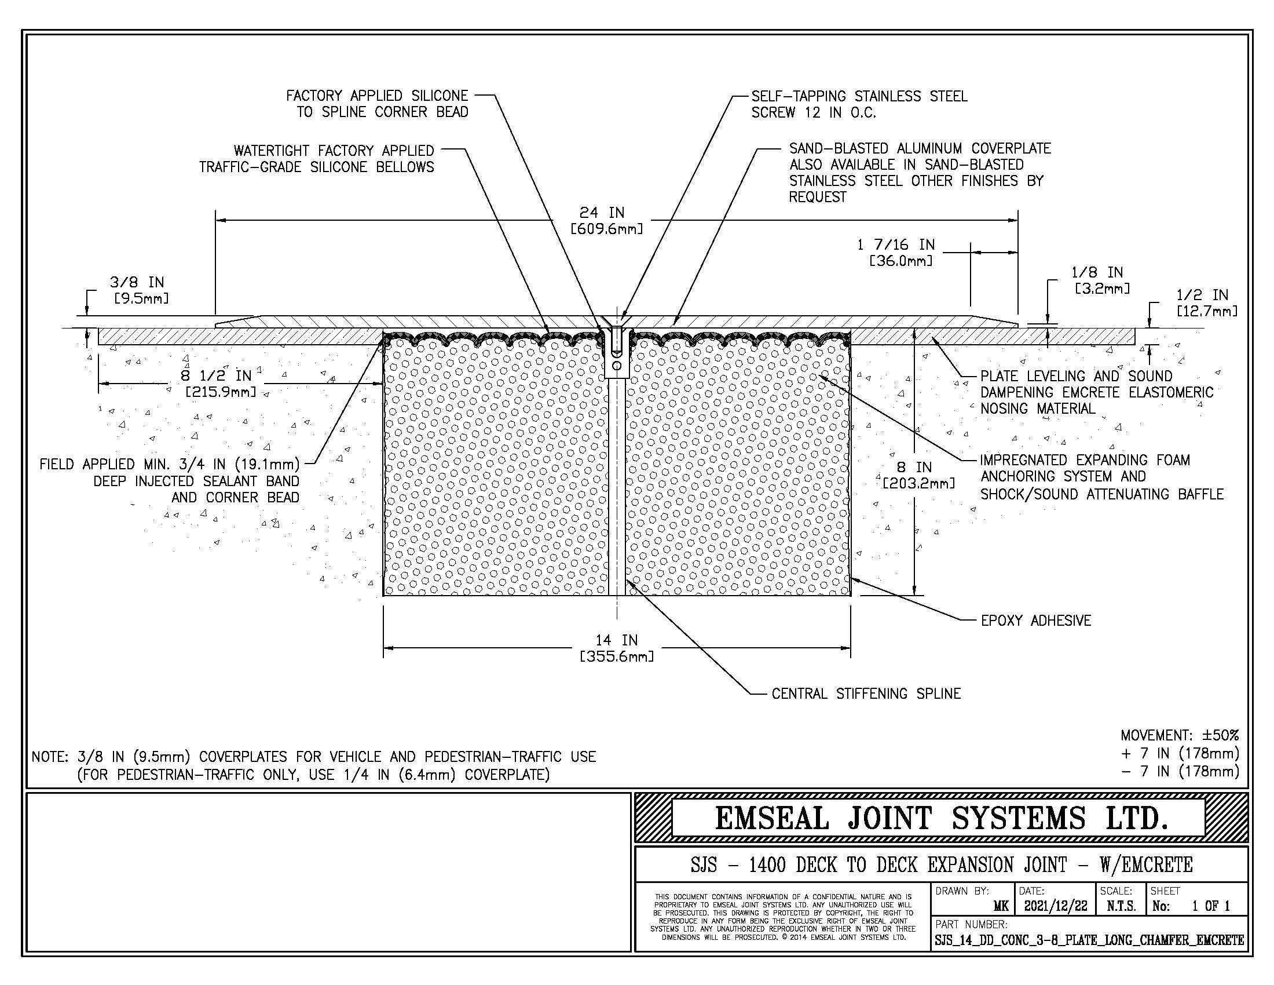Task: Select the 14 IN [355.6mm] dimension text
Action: tap(617, 648)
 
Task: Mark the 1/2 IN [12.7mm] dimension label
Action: tap(1202, 303)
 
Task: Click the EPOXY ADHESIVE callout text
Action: tap(1035, 621)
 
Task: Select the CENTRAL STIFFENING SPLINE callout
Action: tap(866, 693)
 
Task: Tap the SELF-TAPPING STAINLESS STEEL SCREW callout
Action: tap(859, 104)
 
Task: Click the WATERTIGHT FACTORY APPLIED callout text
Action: tap(334, 151)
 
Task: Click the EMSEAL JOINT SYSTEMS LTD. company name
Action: tap(942, 818)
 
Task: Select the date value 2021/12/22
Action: tap(1056, 906)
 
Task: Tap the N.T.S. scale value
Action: tap(1121, 906)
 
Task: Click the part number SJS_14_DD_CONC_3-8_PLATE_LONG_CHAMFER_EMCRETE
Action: tap(1089, 940)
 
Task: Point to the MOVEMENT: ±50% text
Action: tap(1180, 735)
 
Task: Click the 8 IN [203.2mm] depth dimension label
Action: tap(919, 475)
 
